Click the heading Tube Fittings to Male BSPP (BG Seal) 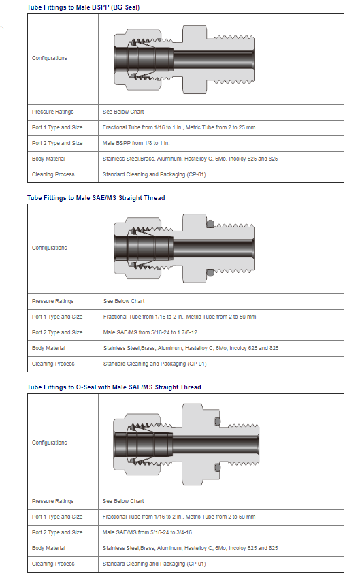83,7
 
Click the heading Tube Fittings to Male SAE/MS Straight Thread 96,198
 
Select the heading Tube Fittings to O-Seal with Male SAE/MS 114,387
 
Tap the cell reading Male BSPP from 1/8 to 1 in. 136,143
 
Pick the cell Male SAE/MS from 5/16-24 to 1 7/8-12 150,332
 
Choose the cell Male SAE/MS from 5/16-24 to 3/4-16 147,532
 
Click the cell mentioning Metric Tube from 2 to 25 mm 179,127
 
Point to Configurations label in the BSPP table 50,58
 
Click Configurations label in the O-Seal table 50,443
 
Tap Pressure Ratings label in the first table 52,112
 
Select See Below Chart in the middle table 124,301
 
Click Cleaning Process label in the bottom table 53,564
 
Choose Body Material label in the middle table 48,348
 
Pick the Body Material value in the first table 190,159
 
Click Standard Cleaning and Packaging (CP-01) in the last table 154,564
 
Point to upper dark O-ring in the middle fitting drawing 210,224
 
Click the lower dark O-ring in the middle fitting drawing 210,273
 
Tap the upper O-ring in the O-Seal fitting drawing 217,421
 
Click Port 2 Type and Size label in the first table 57,143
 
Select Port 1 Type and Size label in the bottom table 57,517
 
